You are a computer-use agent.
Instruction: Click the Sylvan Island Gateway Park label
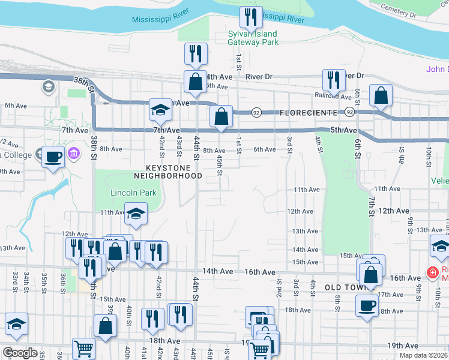point(253,38)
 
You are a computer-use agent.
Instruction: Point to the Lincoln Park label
point(133,193)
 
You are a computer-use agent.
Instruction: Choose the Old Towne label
point(345,288)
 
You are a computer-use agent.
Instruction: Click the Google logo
point(19,353)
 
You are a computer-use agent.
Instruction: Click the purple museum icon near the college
point(74,154)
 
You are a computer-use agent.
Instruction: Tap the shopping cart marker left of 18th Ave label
point(83,349)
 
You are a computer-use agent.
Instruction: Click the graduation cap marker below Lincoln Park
point(136,212)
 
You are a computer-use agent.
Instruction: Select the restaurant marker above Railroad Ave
point(333,79)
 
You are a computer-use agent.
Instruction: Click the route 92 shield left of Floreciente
point(256,112)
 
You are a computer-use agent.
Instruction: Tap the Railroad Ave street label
point(333,96)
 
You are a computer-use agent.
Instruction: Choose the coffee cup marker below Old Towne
point(367,306)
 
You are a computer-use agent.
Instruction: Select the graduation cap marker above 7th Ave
point(160,109)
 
